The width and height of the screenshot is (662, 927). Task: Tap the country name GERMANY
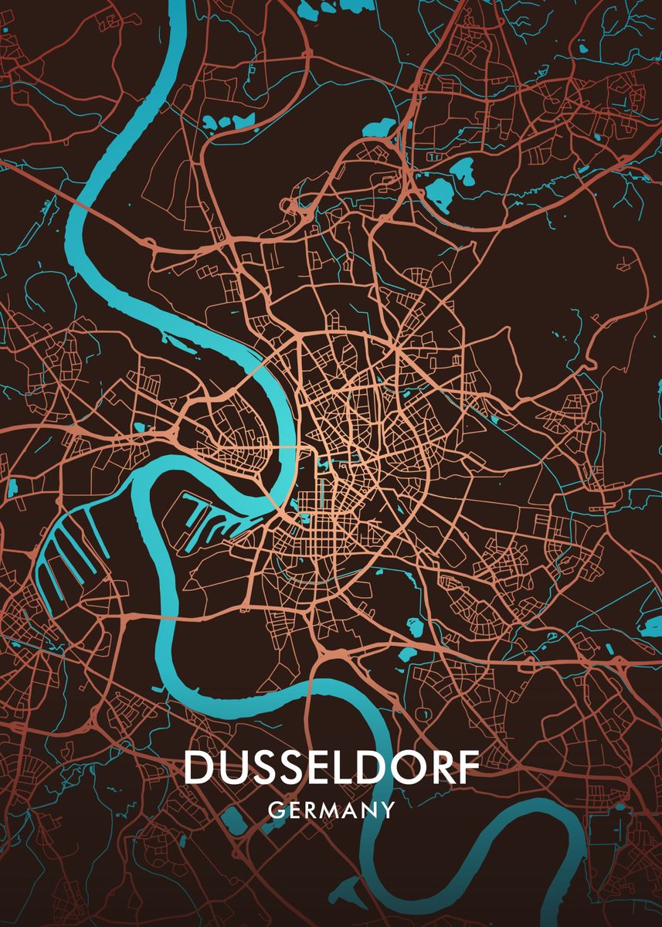331,810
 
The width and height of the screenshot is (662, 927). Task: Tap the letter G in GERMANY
275,810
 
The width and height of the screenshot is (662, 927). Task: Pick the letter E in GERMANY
294,810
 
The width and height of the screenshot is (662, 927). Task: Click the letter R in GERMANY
311,810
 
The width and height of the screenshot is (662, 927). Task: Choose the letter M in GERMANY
331,810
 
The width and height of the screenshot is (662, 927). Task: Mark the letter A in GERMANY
352,810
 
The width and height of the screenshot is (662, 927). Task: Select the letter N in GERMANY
370,810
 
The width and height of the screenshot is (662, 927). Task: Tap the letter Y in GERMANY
388,810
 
